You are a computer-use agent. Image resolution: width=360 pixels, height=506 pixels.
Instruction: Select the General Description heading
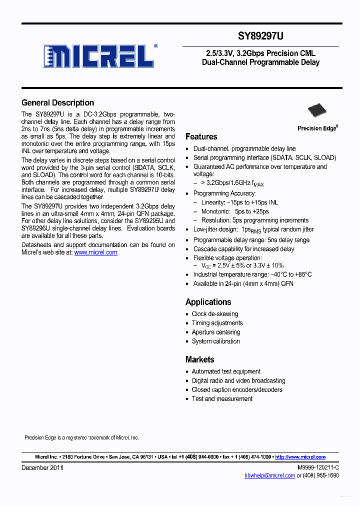[x=57, y=103]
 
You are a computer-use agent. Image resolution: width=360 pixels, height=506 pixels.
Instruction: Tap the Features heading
[x=201, y=136]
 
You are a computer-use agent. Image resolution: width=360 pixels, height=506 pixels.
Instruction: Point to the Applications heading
[x=208, y=302]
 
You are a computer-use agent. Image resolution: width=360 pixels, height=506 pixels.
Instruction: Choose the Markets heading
[x=199, y=359]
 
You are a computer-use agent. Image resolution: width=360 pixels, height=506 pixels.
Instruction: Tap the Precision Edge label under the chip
[x=317, y=128]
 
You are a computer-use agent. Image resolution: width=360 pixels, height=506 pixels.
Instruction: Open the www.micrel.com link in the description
[x=96, y=253]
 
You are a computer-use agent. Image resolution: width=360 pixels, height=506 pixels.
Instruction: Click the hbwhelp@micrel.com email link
[x=269, y=475]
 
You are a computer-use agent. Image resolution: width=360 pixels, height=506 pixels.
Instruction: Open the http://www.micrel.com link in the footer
[x=300, y=457]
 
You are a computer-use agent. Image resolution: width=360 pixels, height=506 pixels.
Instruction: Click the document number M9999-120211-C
[x=318, y=467]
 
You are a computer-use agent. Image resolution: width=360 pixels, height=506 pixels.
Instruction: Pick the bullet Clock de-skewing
[x=215, y=314]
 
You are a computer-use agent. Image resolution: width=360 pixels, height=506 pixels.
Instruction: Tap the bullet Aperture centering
[x=216, y=332]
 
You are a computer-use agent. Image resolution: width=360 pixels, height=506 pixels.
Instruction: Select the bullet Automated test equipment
[x=226, y=371]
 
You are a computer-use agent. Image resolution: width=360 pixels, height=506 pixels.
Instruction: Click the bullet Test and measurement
[x=222, y=398]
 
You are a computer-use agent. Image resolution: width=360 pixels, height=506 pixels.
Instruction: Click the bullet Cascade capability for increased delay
[x=244, y=249]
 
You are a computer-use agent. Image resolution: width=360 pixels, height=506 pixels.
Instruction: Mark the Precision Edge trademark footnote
[x=81, y=437]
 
